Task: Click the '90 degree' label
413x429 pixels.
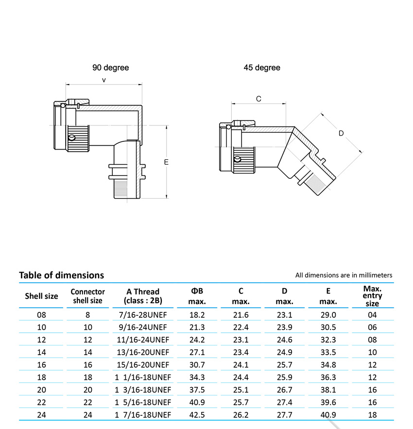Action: [x=110, y=68]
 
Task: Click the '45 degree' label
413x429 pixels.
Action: [x=262, y=68]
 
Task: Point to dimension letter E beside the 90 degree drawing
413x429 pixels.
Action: [x=166, y=162]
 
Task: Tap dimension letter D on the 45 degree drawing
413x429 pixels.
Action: [x=341, y=133]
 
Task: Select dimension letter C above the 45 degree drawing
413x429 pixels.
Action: [x=258, y=99]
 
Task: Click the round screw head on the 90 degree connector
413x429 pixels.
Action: [x=72, y=138]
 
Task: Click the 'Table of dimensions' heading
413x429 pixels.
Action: [x=61, y=275]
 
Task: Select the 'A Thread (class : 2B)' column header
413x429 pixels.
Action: [x=143, y=296]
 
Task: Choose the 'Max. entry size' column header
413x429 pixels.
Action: [x=372, y=296]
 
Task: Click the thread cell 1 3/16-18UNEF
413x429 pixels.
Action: [x=143, y=390]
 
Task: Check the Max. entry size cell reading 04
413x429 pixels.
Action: [x=372, y=315]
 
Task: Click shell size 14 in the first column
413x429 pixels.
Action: [x=41, y=352]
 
